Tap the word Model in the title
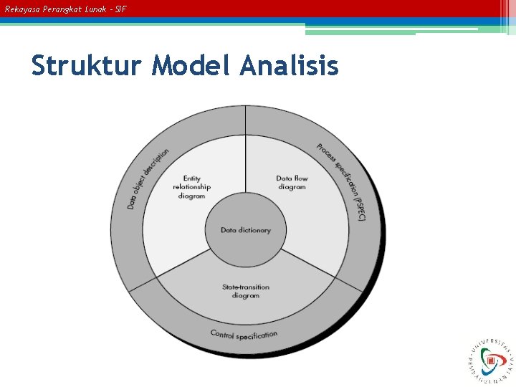pyautogui.click(x=191, y=66)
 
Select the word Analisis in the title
pyautogui.click(x=289, y=66)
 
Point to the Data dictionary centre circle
pyautogui.click(x=246, y=230)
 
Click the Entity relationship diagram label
pyautogui.click(x=191, y=187)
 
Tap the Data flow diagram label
pyautogui.click(x=292, y=183)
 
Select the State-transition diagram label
pyautogui.click(x=246, y=291)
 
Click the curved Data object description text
pyautogui.click(x=148, y=179)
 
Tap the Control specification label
pyautogui.click(x=244, y=335)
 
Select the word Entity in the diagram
pyautogui.click(x=191, y=178)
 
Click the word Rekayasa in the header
pyautogui.click(x=20, y=9)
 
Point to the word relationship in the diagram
pyautogui.click(x=191, y=187)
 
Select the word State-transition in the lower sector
pyautogui.click(x=246, y=287)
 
